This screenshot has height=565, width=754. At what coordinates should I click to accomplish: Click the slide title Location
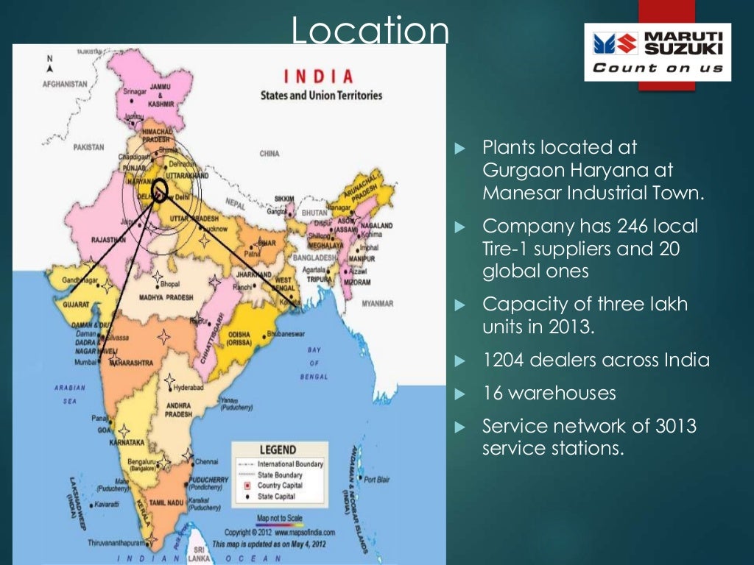tap(370, 32)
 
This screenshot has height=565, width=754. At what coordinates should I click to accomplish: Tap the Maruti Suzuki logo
tap(658, 51)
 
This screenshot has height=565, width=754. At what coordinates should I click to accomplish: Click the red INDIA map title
tap(318, 77)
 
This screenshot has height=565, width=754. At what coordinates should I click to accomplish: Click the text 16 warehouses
tap(549, 393)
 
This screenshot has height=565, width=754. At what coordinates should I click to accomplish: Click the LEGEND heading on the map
tap(277, 449)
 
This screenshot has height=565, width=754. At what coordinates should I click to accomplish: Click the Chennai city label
tap(206, 462)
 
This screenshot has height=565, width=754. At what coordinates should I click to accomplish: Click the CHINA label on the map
tap(269, 154)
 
